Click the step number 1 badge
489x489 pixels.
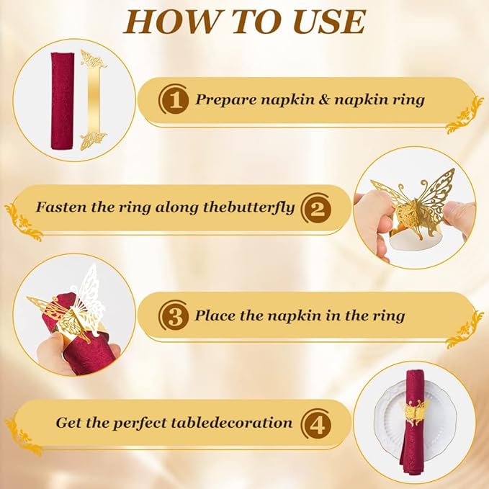pyautogui.click(x=174, y=100)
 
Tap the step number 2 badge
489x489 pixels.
pyautogui.click(x=316, y=207)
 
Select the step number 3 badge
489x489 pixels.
pyautogui.click(x=174, y=315)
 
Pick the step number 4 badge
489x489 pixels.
pyautogui.click(x=316, y=423)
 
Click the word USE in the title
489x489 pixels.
pyautogui.click(x=329, y=22)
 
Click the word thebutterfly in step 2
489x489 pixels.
pyautogui.click(x=248, y=207)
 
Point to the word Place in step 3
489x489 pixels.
pyautogui.click(x=215, y=315)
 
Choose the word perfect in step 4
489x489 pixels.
pyautogui.click(x=140, y=423)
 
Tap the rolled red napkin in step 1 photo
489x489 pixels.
pyautogui.click(x=63, y=100)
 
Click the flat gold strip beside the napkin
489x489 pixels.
pyautogui.click(x=93, y=100)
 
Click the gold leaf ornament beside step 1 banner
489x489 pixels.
pyautogui.click(x=465, y=115)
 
